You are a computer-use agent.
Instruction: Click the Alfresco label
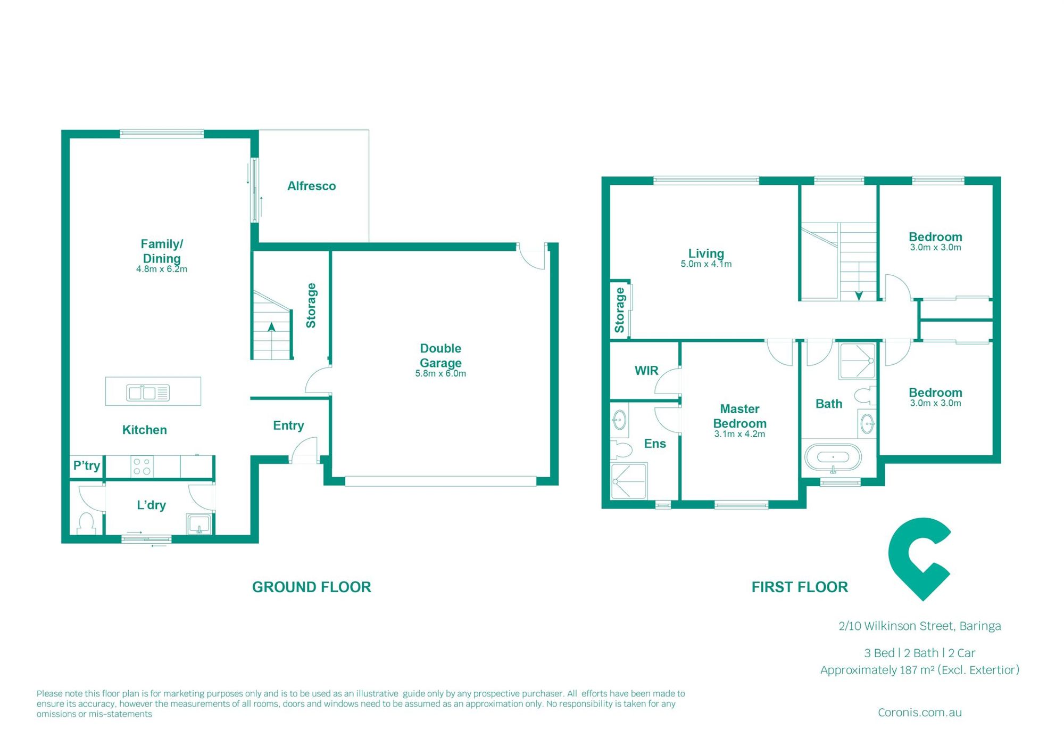[311, 186]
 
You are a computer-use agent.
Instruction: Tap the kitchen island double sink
[147, 393]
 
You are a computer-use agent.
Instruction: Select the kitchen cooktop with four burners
[142, 467]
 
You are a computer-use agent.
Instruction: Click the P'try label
[87, 466]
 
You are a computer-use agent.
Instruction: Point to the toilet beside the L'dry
[86, 523]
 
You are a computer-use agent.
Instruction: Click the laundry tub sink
[199, 524]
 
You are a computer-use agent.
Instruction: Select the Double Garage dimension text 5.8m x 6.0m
[440, 374]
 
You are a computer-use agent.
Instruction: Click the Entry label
[288, 425]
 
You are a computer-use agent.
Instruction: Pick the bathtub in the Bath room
[833, 457]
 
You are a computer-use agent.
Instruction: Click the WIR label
[646, 371]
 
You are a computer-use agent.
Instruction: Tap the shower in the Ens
[629, 481]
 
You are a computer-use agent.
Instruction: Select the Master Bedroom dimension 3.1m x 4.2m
[739, 434]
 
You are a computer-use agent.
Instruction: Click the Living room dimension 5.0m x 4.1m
[706, 264]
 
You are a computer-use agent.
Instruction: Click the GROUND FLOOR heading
[311, 587]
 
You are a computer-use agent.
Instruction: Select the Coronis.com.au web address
[919, 713]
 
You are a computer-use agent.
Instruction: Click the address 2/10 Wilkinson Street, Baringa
[919, 626]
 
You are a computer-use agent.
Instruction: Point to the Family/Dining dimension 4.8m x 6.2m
[162, 269]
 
